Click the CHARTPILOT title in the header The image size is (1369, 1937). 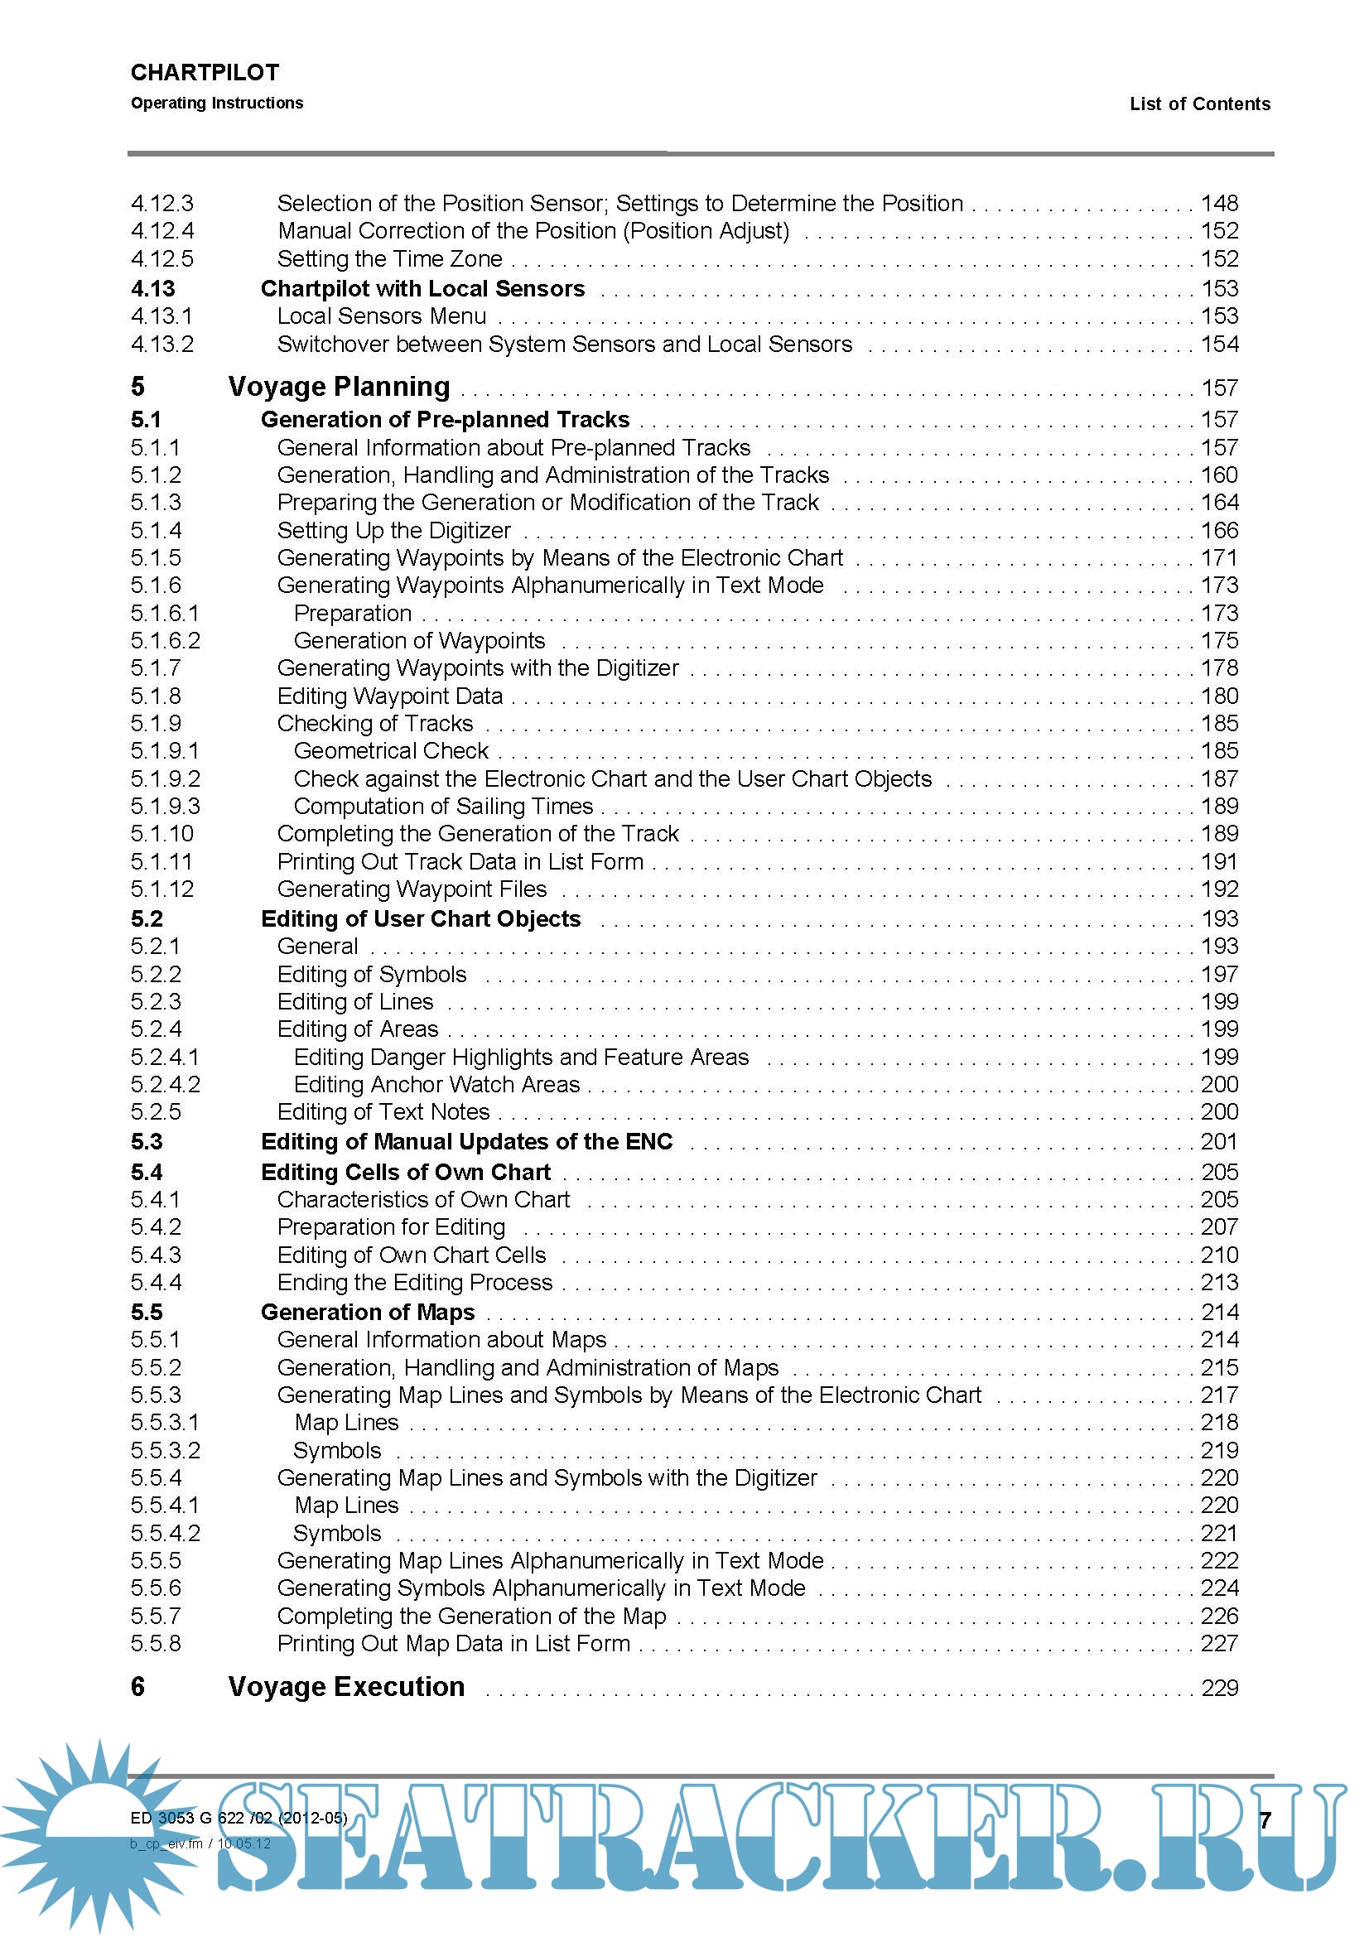(x=204, y=73)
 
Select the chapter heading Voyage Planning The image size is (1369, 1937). (x=339, y=387)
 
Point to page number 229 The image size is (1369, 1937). (x=1219, y=1687)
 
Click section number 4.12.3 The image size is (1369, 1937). (x=162, y=204)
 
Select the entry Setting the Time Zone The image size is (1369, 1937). (x=390, y=259)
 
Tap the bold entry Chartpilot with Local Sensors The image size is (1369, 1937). (x=422, y=288)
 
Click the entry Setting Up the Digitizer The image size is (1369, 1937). (x=394, y=531)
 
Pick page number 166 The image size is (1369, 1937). (x=1219, y=531)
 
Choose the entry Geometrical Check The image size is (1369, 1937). (x=391, y=751)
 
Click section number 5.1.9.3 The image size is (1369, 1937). (x=166, y=807)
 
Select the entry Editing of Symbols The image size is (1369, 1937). (x=371, y=975)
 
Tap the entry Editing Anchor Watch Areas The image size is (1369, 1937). (x=436, y=1085)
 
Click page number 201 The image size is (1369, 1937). (x=1219, y=1141)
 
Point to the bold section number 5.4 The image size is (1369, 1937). (x=147, y=1172)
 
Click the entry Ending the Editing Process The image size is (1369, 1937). (x=414, y=1282)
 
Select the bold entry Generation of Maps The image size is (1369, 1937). (x=368, y=1312)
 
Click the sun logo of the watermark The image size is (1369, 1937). (x=97, y=1827)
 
